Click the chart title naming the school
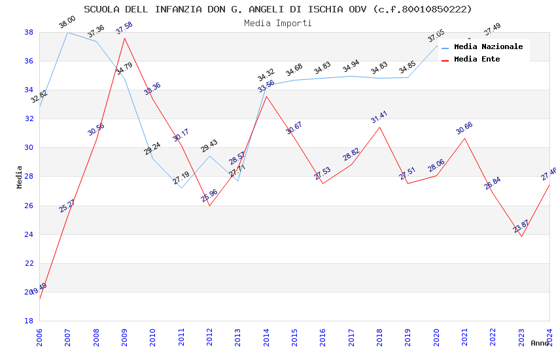pos(278,9)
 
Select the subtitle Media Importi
pos(278,23)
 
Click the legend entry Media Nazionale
pos(488,46)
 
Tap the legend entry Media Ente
pos(477,59)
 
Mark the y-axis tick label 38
pos(29,32)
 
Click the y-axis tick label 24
pos(29,234)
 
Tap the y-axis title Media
pos(20,177)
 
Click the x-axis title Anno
pos(540,343)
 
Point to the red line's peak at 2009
pos(124,38)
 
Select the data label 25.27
pos(67,206)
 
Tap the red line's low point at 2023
pos(521,236)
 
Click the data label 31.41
pos(379,117)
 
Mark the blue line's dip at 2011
pos(181,188)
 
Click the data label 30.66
pos(464,128)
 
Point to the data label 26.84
pos(493,183)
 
